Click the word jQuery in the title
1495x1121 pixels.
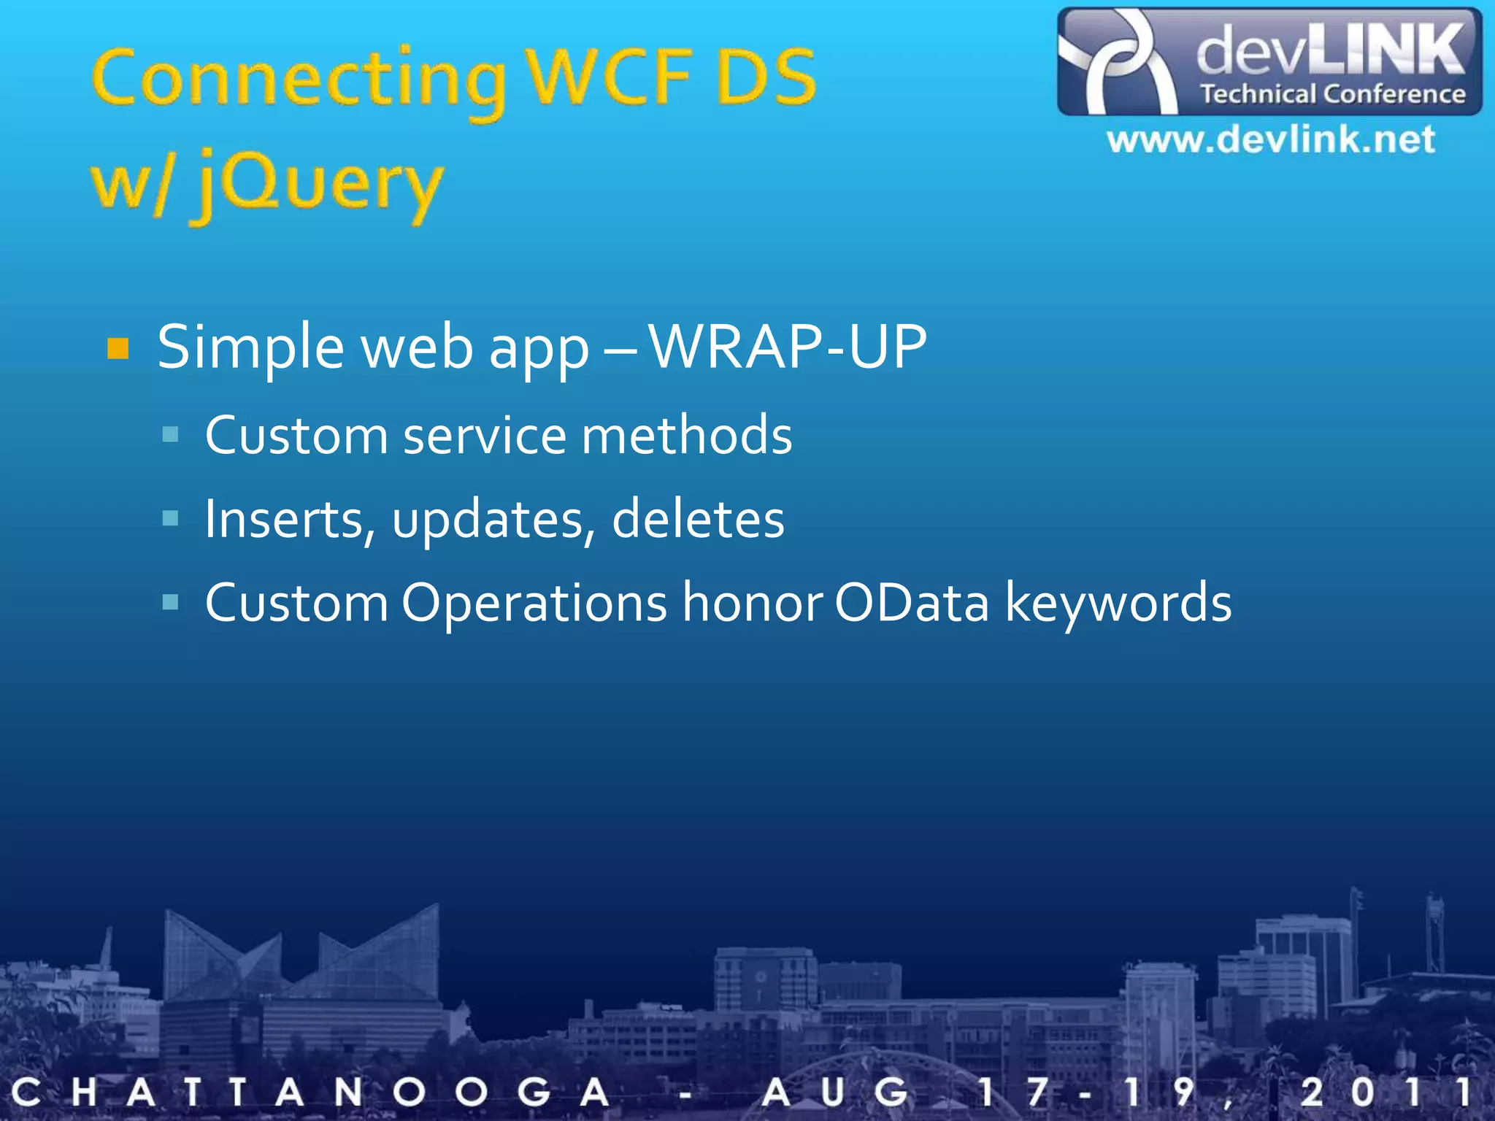(x=318, y=184)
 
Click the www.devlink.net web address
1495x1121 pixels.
(x=1270, y=139)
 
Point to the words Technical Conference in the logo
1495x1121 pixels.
(x=1332, y=94)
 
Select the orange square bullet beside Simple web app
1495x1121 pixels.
(x=118, y=349)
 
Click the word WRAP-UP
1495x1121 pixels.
(x=788, y=347)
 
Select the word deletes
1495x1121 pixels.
(x=698, y=520)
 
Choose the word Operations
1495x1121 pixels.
(x=534, y=604)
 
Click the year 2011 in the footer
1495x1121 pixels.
(x=1383, y=1093)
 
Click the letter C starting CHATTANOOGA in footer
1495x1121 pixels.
(x=26, y=1093)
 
